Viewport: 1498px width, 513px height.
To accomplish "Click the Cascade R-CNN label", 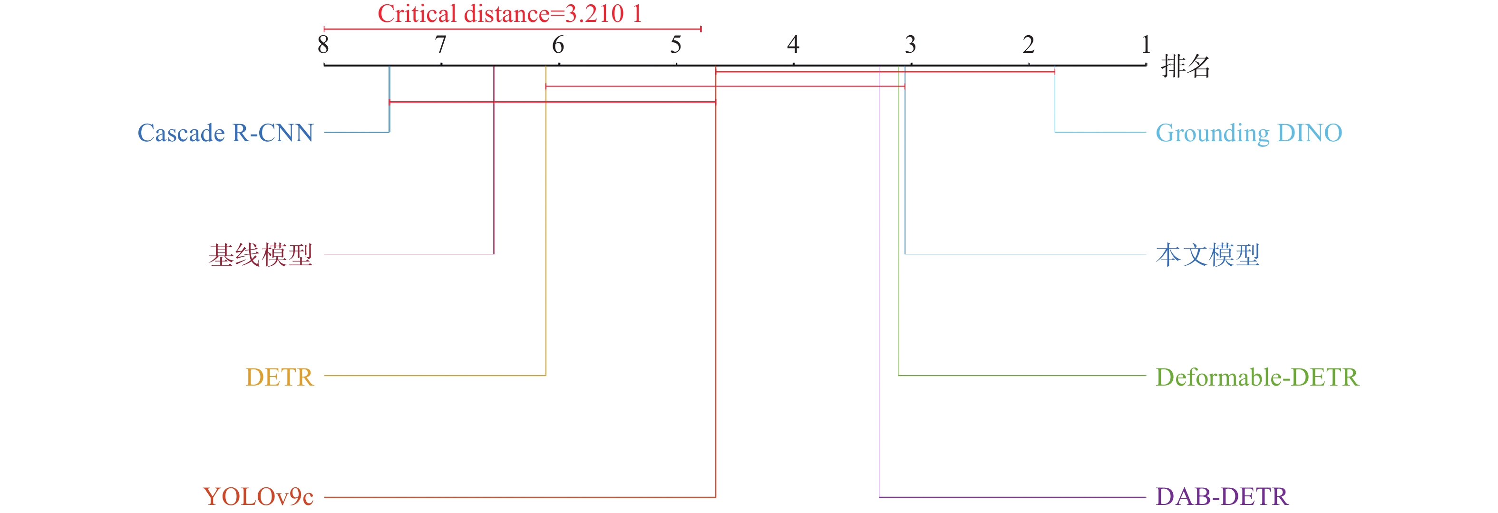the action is pyautogui.click(x=225, y=133).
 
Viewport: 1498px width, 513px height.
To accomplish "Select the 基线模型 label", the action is pyautogui.click(x=261, y=255).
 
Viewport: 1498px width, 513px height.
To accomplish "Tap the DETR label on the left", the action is pyautogui.click(x=279, y=377).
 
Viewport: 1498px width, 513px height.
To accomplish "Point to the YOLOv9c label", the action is pyautogui.click(x=258, y=497).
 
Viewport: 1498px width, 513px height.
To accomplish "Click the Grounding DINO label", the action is pyautogui.click(x=1248, y=133).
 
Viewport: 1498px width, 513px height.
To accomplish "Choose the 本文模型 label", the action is pyautogui.click(x=1207, y=255).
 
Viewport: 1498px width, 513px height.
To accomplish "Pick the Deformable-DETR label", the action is pyautogui.click(x=1257, y=377).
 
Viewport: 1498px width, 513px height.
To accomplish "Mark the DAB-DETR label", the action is pyautogui.click(x=1222, y=497).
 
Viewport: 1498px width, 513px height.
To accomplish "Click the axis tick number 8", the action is pyautogui.click(x=323, y=45).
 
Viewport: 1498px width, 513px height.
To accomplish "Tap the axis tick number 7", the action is pyautogui.click(x=441, y=45).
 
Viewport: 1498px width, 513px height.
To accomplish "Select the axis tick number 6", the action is pyautogui.click(x=558, y=45).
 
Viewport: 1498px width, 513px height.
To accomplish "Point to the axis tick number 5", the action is pyautogui.click(x=676, y=45).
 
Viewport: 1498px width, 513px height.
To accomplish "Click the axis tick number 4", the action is pyautogui.click(x=793, y=45).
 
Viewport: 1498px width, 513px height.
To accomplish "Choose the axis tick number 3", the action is pyautogui.click(x=911, y=45).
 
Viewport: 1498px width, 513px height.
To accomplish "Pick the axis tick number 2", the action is pyautogui.click(x=1028, y=45).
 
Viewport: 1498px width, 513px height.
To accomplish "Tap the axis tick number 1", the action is pyautogui.click(x=1146, y=45).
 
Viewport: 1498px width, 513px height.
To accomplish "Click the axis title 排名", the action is pyautogui.click(x=1185, y=66).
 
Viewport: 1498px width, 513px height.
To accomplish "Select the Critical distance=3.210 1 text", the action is pyautogui.click(x=510, y=14).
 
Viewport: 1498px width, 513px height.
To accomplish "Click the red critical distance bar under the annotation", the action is pyautogui.click(x=512, y=29).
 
